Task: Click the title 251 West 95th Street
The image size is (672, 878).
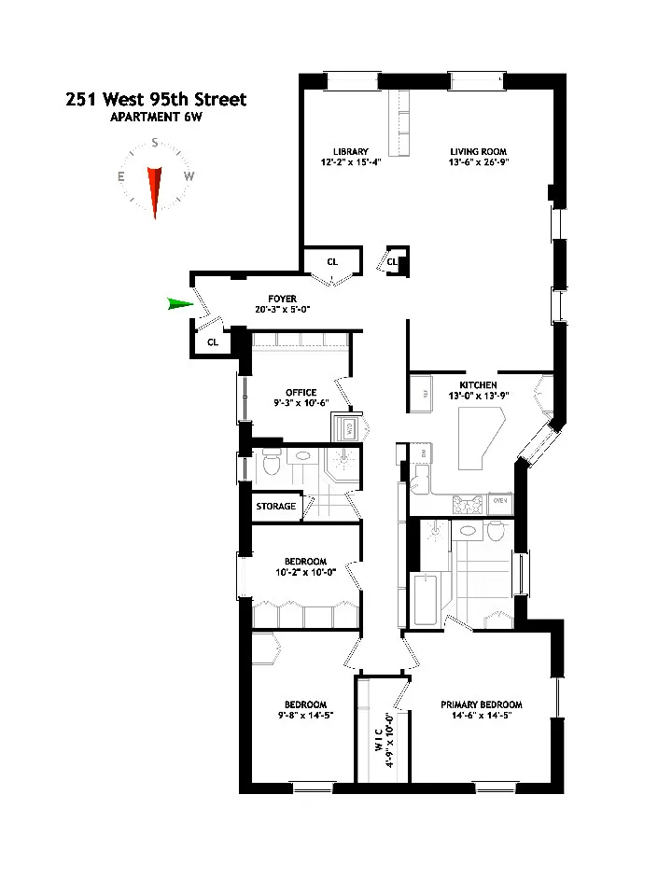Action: click(x=156, y=99)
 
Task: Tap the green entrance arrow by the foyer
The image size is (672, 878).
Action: click(x=178, y=303)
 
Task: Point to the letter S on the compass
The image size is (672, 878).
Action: click(x=156, y=145)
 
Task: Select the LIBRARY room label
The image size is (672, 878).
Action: click(x=351, y=151)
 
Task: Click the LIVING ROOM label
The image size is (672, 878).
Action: click(x=479, y=151)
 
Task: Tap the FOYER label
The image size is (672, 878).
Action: click(x=281, y=299)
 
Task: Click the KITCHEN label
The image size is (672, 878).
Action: click(x=478, y=384)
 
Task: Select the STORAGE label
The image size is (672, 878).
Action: click(x=276, y=507)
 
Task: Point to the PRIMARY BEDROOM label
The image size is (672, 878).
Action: click(x=482, y=704)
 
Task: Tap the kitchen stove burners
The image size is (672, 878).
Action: click(x=468, y=505)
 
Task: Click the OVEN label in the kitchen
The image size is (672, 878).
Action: click(x=499, y=501)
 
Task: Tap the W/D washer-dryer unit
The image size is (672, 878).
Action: click(x=343, y=429)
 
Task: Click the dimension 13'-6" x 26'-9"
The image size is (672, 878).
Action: click(x=479, y=162)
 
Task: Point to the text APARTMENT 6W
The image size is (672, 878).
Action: click(x=156, y=117)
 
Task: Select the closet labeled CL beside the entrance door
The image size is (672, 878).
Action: click(x=213, y=341)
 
